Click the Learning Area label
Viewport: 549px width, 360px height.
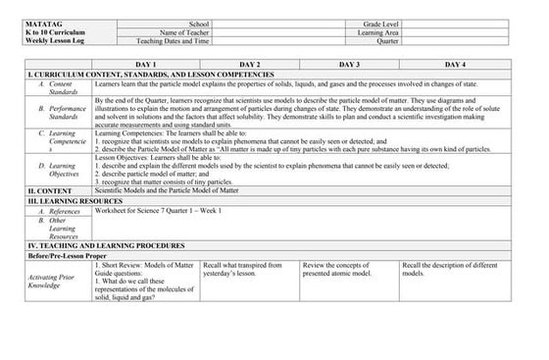point(379,31)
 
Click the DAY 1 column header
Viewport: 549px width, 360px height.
point(146,64)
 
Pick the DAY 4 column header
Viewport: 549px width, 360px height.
point(454,64)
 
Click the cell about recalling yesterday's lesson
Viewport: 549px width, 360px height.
point(242,269)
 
